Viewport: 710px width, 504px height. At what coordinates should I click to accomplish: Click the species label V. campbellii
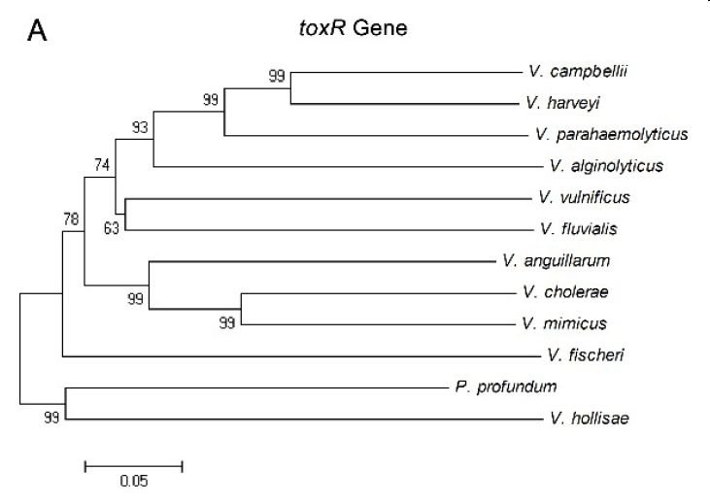pos(578,72)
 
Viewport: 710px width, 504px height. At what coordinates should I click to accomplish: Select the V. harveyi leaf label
pos(562,103)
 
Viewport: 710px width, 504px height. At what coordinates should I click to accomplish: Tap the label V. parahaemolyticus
pos(612,134)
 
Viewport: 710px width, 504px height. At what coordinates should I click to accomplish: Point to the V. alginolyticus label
pos(607,166)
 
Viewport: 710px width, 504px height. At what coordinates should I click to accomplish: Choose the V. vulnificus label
pos(584,197)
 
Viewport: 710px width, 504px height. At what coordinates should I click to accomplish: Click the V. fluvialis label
pos(579,228)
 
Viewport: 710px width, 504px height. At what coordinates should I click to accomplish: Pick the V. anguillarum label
pos(557,261)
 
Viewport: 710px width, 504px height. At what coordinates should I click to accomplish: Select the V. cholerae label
pos(565,292)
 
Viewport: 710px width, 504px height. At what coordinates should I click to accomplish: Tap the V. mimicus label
pos(564,323)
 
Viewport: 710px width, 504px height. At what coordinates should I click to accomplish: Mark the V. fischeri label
pos(586,355)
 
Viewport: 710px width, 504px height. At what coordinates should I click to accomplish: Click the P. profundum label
pos(506,386)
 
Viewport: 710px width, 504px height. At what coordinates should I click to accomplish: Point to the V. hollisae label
pos(590,418)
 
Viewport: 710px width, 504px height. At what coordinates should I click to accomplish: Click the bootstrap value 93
pos(140,127)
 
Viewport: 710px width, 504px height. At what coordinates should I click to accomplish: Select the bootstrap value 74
pos(102,164)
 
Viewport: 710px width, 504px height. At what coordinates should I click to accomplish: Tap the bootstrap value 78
pos(71,219)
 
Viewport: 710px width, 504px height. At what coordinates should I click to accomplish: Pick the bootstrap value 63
pos(112,228)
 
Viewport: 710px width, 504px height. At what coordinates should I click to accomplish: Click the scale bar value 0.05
pos(134,481)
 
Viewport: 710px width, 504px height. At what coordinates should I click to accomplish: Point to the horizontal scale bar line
pos(134,466)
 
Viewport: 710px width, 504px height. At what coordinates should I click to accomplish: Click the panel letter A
pos(37,31)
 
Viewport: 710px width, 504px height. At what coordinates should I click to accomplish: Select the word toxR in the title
pos(322,28)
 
